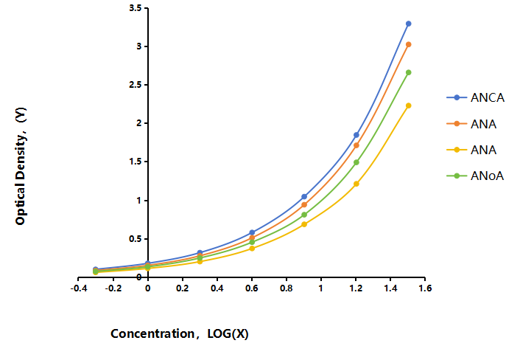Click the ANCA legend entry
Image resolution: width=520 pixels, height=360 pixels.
point(476,97)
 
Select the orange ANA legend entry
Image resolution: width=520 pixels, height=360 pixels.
point(471,124)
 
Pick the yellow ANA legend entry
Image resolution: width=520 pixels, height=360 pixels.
point(471,150)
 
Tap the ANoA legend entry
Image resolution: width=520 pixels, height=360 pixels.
point(475,176)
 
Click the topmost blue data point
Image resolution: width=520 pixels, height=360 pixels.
point(408,24)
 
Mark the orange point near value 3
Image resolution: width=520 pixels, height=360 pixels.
point(408,44)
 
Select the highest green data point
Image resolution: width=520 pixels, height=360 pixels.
point(408,72)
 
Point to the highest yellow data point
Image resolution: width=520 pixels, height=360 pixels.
point(408,105)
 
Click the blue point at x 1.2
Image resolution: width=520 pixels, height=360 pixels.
point(356,135)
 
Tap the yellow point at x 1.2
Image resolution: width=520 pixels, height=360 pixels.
point(356,184)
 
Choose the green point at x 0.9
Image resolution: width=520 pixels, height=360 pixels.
point(304,215)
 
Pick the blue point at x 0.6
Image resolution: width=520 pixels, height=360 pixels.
point(252,232)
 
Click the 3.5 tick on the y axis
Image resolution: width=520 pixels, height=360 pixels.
point(136,8)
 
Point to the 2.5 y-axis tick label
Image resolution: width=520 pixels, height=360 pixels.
point(136,85)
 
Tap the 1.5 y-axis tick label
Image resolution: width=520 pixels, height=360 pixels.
point(136,162)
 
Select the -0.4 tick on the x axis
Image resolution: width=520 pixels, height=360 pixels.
point(79,288)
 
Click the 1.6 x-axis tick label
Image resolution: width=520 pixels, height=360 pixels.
point(425,288)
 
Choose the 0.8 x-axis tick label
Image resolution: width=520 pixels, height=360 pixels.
point(287,288)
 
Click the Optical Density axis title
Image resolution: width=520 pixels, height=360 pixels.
point(21,167)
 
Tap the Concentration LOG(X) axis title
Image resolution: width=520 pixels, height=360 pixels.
point(180,333)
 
